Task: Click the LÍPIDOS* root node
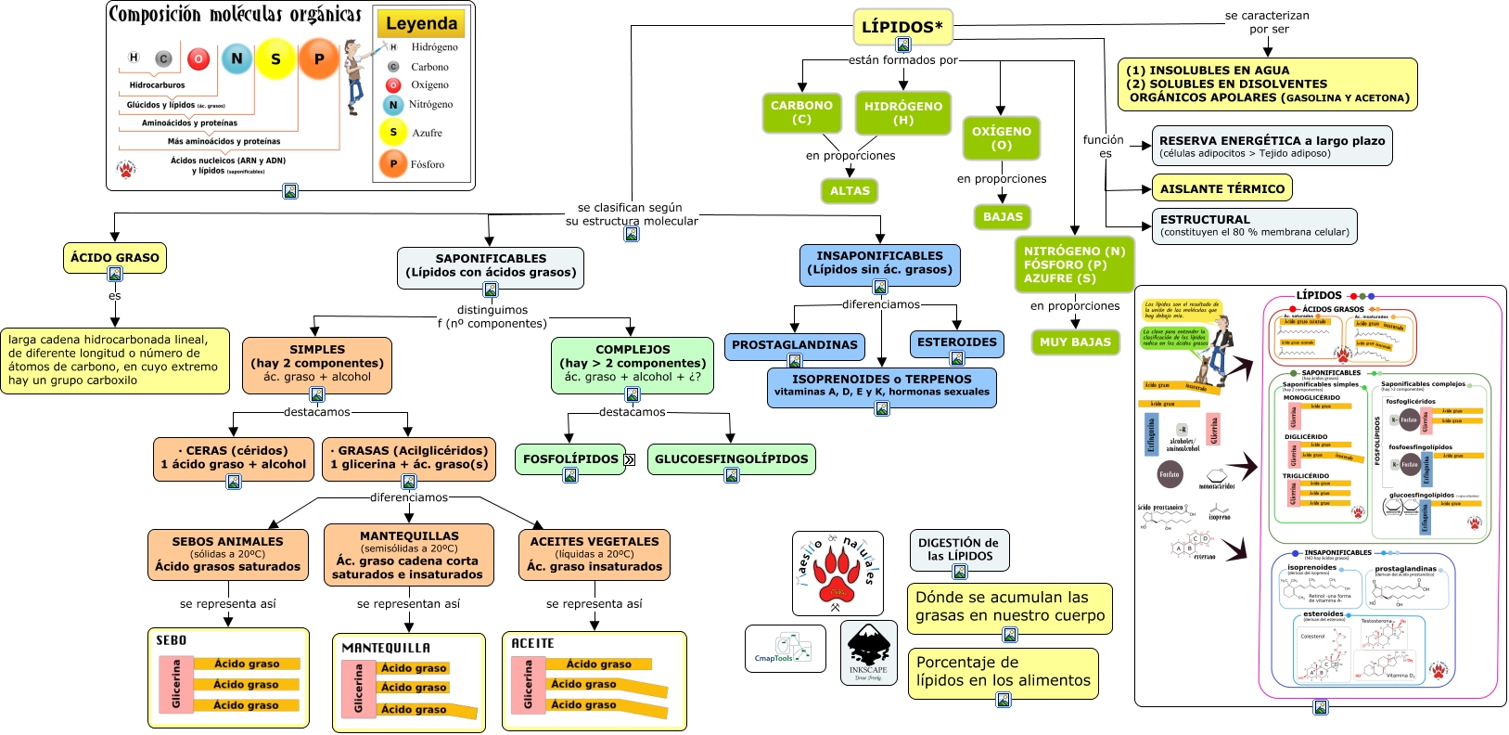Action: (902, 27)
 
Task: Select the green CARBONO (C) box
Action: (801, 112)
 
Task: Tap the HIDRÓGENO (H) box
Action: (902, 113)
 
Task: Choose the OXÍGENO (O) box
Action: (1001, 138)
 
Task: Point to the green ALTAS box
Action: (850, 191)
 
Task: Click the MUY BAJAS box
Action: (1075, 342)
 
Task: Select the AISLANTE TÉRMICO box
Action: (1221, 188)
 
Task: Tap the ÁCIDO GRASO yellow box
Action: (115, 258)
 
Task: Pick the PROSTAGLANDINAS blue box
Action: (794, 345)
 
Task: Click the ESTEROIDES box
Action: (956, 342)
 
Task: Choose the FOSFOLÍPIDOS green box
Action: (569, 458)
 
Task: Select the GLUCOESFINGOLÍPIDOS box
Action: (731, 458)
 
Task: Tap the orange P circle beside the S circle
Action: (319, 59)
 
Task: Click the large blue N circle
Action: (237, 58)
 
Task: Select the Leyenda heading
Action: (421, 24)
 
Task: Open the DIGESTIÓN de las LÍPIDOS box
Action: (958, 549)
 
